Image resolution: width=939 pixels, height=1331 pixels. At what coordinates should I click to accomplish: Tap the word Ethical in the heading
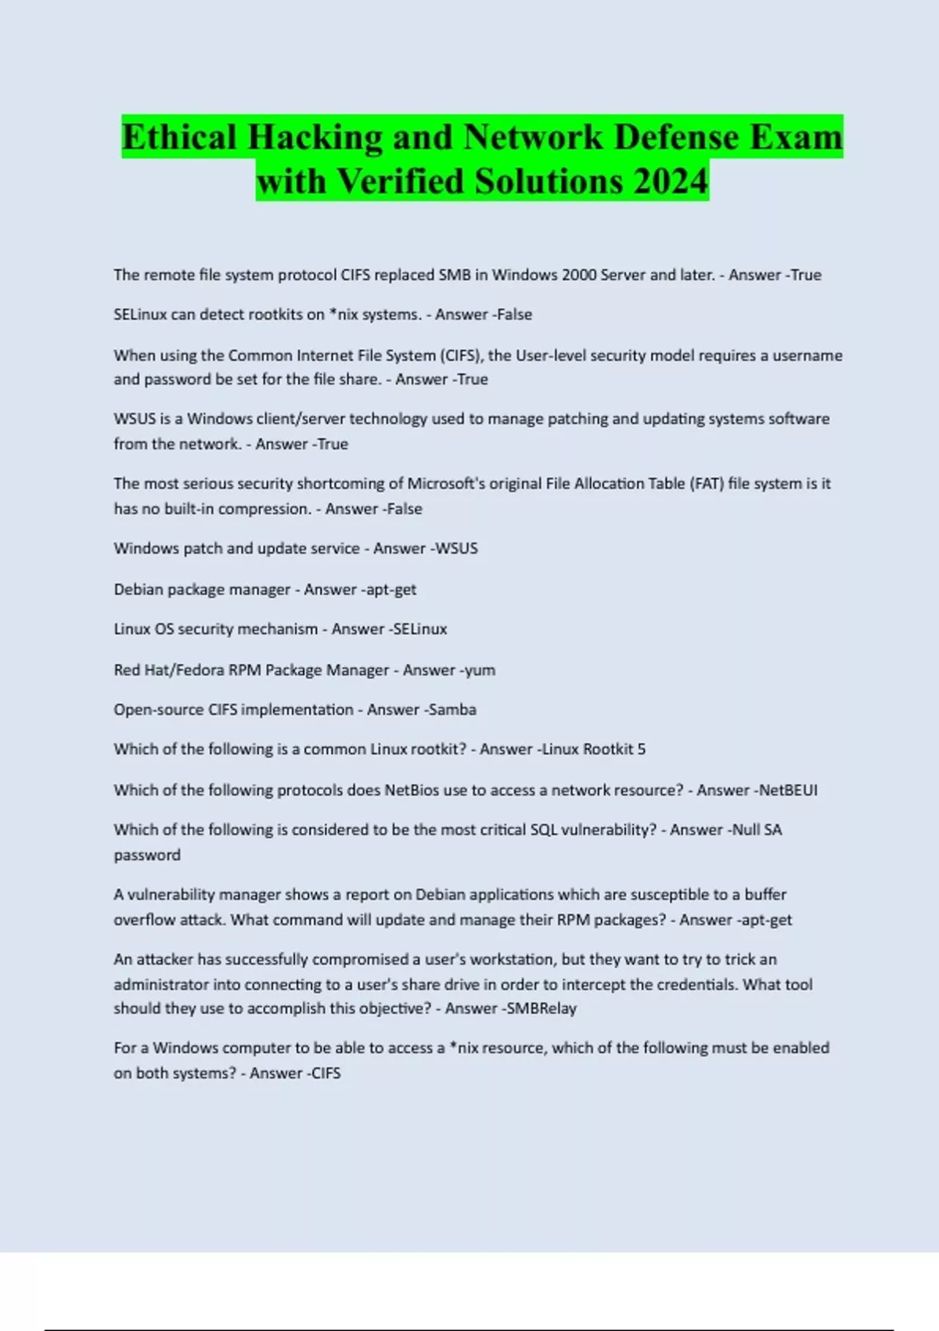tap(178, 137)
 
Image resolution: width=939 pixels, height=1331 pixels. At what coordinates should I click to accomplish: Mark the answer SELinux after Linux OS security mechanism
tap(419, 629)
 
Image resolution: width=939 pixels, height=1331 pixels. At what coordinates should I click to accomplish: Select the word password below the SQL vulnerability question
tap(147, 855)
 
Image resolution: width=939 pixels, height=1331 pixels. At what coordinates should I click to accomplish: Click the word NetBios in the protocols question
tap(412, 790)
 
